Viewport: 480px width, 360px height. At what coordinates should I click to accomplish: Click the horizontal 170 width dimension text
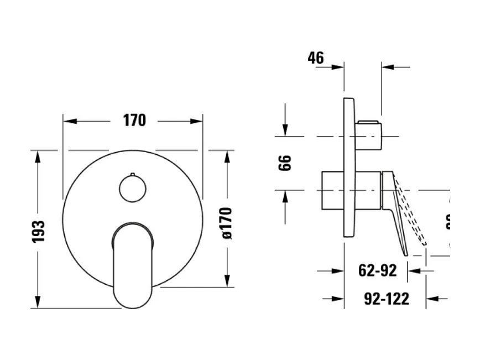[x=133, y=120]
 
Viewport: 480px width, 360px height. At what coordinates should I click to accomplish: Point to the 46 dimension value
[x=316, y=58]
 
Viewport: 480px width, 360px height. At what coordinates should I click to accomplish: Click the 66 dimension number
[x=285, y=163]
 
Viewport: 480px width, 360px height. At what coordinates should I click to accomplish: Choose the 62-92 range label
[x=378, y=271]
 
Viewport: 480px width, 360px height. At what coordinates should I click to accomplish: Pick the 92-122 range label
[x=387, y=299]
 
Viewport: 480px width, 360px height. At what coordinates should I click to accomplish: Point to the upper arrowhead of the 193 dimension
[x=38, y=156]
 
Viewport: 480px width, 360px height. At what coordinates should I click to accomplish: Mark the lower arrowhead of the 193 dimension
[x=38, y=302]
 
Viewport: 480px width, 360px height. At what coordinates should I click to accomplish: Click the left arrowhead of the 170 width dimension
[x=70, y=121]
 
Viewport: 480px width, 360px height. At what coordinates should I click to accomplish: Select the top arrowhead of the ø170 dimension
[x=227, y=156]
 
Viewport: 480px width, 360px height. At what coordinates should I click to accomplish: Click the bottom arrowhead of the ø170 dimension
[x=227, y=280]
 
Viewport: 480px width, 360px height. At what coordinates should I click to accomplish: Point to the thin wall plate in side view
[x=349, y=166]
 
